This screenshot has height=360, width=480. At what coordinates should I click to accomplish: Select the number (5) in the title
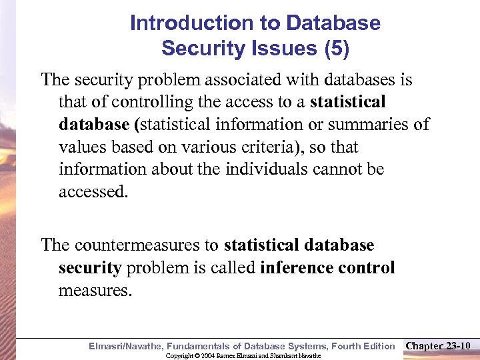[x=336, y=48]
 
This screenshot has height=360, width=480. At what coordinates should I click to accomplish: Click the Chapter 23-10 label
[x=438, y=346]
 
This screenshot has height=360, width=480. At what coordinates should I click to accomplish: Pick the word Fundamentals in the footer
[x=198, y=346]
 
